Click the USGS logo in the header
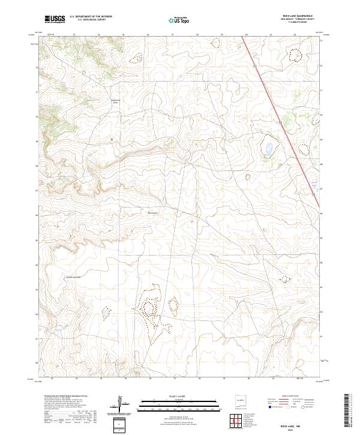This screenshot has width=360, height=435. point(55,19)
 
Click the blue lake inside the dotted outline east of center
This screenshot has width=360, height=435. point(268,148)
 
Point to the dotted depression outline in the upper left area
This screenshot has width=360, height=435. point(137,58)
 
